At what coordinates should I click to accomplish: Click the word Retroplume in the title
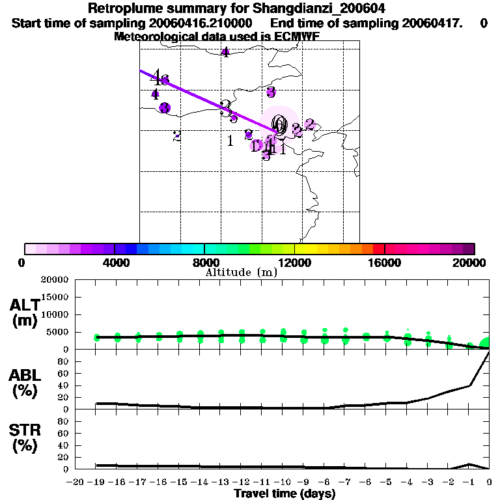[121, 8]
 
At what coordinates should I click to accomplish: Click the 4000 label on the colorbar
[115, 262]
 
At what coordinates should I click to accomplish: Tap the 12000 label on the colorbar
[295, 262]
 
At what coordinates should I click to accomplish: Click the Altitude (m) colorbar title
[241, 272]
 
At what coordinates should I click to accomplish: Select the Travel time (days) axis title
[285, 493]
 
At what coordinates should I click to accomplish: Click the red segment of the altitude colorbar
[378, 249]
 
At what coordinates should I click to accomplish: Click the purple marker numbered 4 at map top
[225, 53]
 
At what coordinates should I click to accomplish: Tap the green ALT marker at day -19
[97, 337]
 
